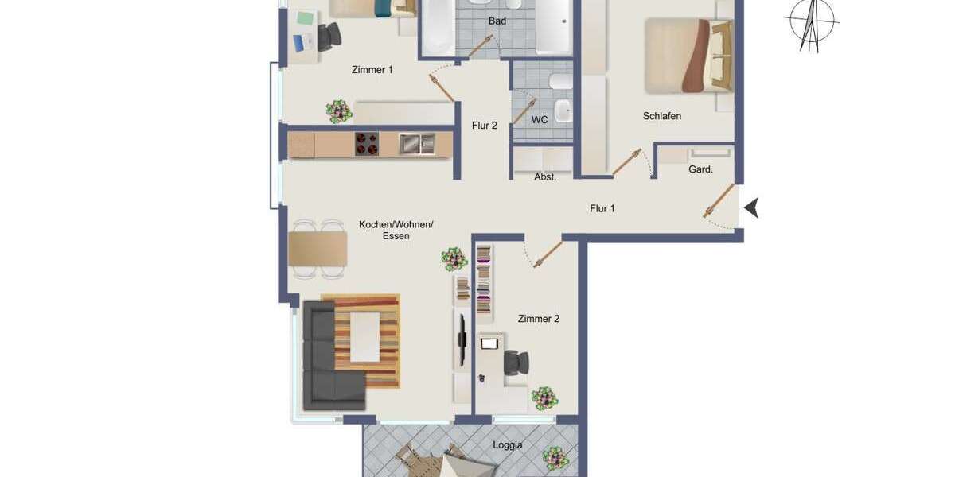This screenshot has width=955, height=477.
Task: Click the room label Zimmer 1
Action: click(x=372, y=70)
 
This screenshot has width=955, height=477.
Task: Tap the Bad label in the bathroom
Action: click(x=497, y=21)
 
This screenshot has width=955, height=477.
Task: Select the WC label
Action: click(x=540, y=120)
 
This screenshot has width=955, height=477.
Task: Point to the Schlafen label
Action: click(x=662, y=116)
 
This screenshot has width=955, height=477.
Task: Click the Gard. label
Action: click(x=700, y=169)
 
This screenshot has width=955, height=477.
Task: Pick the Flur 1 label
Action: click(x=602, y=209)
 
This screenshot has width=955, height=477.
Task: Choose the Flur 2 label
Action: click(x=484, y=126)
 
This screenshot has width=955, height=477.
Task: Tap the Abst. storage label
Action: click(x=545, y=177)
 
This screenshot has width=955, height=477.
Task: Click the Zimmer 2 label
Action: click(x=539, y=319)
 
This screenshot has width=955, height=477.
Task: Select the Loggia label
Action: click(x=507, y=445)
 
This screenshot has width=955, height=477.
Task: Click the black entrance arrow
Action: click(x=750, y=208)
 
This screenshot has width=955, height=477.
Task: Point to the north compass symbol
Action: click(x=811, y=24)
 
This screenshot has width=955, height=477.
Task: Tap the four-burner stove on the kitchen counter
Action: click(x=367, y=144)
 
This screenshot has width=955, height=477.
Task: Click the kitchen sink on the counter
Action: click(x=417, y=144)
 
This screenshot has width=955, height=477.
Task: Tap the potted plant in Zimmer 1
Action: click(x=338, y=111)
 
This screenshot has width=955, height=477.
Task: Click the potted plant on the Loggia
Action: click(x=555, y=459)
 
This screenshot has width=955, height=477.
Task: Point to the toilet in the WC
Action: click(x=559, y=83)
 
